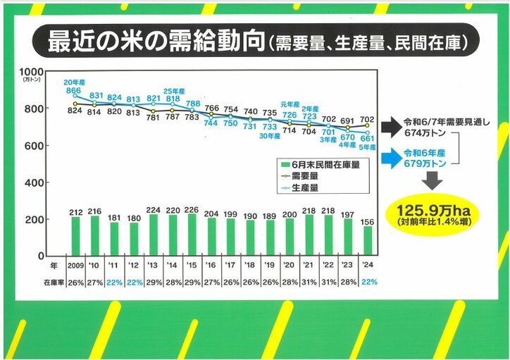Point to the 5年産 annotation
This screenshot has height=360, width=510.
[366, 147]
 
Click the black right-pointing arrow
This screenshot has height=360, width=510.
[390, 127]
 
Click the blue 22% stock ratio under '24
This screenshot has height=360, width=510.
[367, 281]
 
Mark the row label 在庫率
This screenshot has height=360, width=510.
[48, 281]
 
